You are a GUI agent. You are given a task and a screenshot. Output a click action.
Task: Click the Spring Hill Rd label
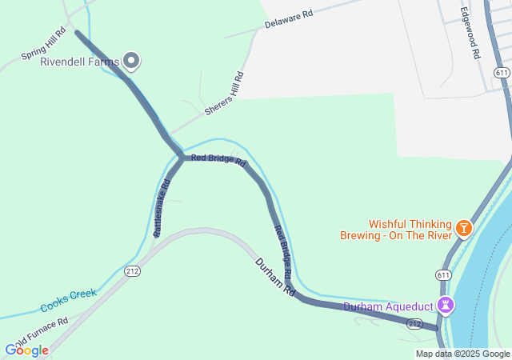(x=44, y=46)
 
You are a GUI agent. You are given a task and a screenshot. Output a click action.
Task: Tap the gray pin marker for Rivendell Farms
(x=131, y=61)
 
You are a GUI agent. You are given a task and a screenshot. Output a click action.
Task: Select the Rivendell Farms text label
(x=80, y=62)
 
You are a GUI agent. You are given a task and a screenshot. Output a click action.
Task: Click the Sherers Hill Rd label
(x=224, y=94)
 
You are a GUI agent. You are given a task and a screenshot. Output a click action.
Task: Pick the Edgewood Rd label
(x=470, y=34)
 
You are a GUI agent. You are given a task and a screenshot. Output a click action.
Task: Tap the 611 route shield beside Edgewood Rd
(x=502, y=73)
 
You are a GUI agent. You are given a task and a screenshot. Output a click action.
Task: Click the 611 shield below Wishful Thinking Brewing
(x=442, y=274)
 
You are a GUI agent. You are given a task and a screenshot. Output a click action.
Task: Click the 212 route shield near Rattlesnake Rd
(x=133, y=272)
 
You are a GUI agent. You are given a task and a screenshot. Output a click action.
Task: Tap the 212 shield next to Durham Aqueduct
(x=414, y=323)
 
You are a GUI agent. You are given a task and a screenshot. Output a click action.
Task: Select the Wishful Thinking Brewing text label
(x=410, y=230)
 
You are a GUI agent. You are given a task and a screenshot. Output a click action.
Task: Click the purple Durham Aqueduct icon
(x=446, y=306)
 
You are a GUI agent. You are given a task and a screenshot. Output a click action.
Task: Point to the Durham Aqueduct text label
(x=388, y=306)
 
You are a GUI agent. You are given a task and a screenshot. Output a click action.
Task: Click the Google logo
(x=26, y=350)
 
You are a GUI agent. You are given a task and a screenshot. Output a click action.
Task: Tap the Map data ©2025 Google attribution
(x=462, y=354)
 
